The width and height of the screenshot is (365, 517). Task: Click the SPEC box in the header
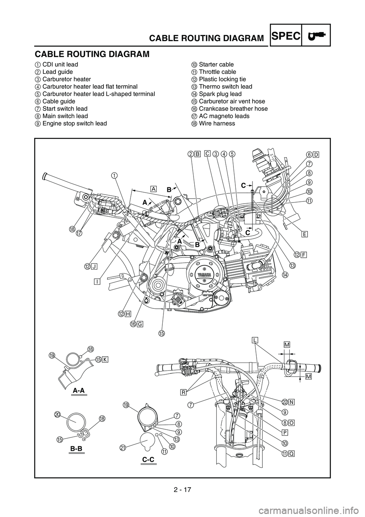[286, 35]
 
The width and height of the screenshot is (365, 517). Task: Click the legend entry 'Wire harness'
[214, 123]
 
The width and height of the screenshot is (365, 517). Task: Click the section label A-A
[79, 390]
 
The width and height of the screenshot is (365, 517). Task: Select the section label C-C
[148, 466]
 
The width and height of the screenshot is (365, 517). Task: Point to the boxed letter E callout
[305, 234]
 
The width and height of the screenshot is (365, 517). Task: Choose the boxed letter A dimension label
[154, 189]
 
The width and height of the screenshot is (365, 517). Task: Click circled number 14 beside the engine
[285, 274]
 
